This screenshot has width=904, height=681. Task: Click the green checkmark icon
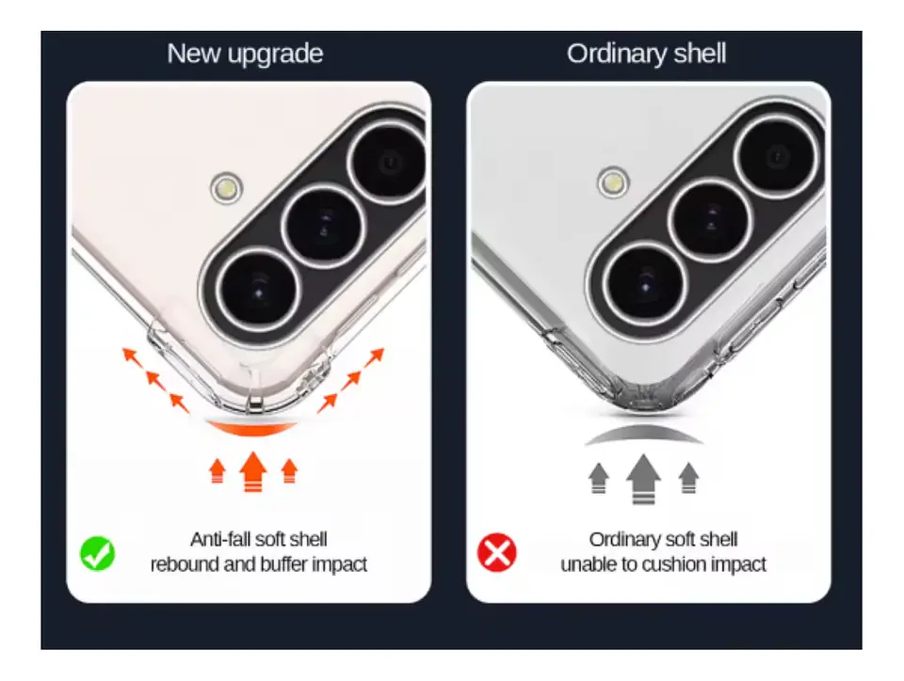(97, 553)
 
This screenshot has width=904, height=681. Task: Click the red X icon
(497, 553)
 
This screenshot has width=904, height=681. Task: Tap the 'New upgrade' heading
(245, 54)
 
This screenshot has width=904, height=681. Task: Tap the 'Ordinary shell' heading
(646, 54)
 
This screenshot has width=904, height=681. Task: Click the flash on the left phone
(227, 188)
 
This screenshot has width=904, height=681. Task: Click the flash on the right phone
(613, 182)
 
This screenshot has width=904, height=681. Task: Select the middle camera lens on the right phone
(710, 220)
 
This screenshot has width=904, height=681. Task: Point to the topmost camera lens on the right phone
(776, 156)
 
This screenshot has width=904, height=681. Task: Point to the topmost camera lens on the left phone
(389, 164)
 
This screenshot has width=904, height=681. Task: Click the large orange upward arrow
(253, 471)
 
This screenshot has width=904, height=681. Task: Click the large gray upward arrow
(643, 479)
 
